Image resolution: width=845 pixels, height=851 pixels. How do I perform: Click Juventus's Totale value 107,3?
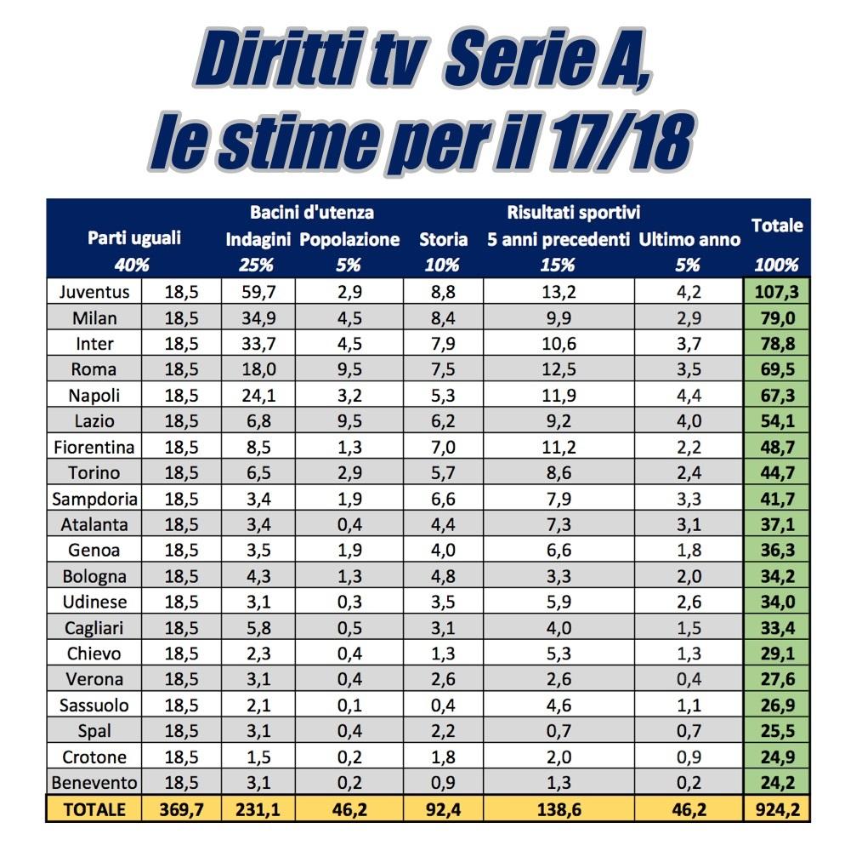(776, 292)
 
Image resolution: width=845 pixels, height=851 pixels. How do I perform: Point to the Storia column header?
(443, 240)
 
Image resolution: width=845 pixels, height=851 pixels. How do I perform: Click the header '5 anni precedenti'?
(559, 240)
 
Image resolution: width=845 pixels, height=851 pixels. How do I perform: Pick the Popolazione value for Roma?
(349, 369)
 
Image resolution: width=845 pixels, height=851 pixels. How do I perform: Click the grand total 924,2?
(776, 809)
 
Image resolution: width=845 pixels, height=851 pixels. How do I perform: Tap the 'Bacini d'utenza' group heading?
(311, 213)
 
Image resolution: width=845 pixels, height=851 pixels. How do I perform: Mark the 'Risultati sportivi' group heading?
(573, 213)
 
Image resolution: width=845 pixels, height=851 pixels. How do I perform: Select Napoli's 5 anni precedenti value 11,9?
(559, 396)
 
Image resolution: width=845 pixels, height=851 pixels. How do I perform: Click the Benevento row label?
(94, 783)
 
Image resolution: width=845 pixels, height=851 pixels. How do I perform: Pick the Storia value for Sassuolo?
(443, 705)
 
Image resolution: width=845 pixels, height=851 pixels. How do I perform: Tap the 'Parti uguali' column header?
(134, 239)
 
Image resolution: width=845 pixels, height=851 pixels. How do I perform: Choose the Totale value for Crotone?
(776, 757)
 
